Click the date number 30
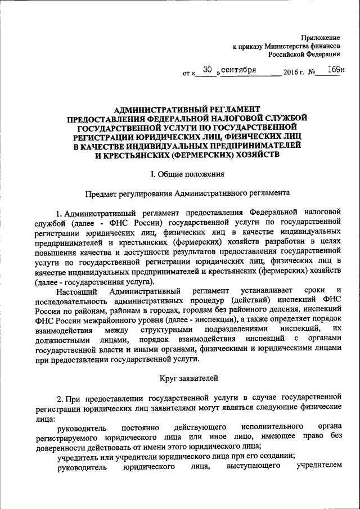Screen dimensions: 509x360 [207, 70]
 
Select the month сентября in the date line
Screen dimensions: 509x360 [239, 70]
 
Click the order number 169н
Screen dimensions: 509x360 [335, 70]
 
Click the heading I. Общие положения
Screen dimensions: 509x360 [184, 174]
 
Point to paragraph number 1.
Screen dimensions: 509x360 [59, 213]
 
